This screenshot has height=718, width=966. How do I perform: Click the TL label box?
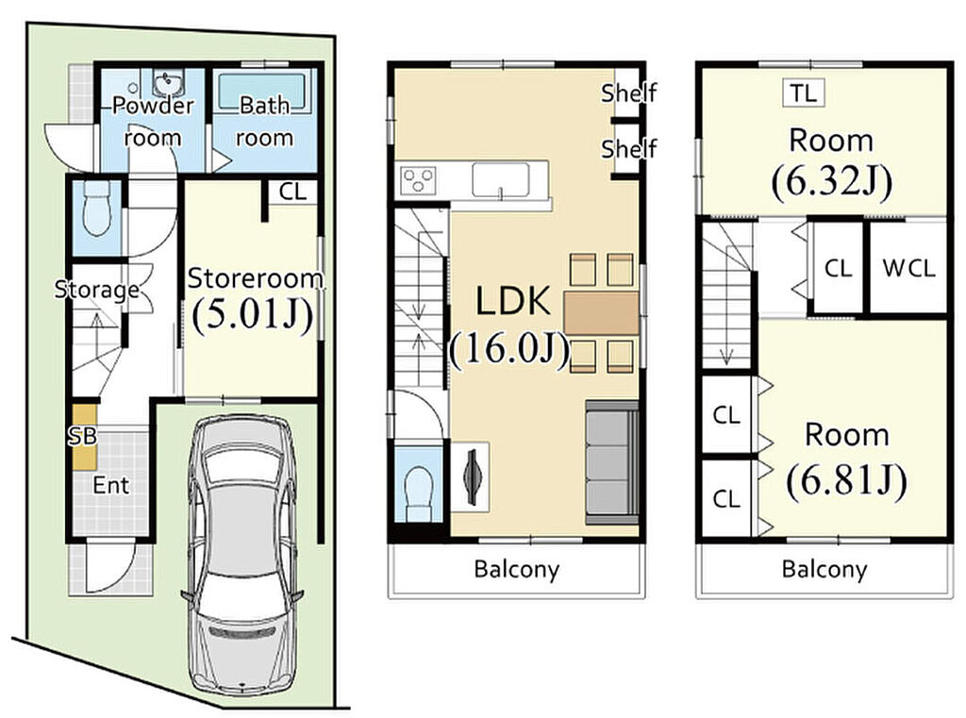pos(804,93)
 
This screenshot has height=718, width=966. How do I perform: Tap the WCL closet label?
pos(908,268)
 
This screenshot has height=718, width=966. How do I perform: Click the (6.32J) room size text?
pos(830,181)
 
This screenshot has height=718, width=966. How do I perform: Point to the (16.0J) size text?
pos(510,350)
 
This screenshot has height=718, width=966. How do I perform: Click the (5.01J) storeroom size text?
pos(253,315)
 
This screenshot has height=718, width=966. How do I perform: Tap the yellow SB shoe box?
pos(84,438)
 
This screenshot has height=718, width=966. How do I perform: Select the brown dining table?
pos(601,313)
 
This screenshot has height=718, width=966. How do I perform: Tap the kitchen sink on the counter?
pos(501,180)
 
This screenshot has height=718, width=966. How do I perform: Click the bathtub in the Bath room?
pos(262,93)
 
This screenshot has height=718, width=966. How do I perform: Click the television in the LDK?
pos(472,477)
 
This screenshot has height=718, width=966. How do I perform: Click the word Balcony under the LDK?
pos(517,568)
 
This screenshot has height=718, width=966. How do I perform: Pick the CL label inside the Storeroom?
pos(292,192)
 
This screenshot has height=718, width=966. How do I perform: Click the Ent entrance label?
pos(111,486)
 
